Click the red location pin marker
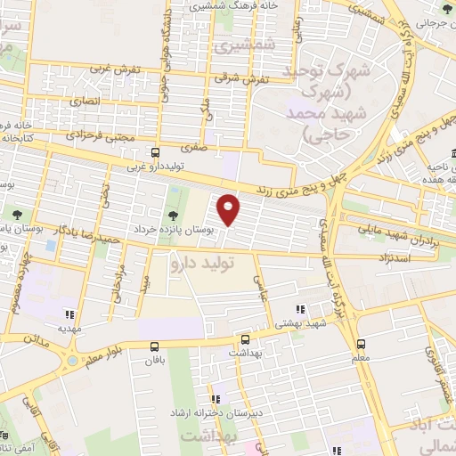coord(229,208)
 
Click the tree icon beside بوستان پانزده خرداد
coord(172,215)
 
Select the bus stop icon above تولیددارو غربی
coord(155,152)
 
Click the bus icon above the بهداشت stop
coord(245,339)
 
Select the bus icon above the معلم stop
coord(361,343)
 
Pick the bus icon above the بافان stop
coord(155,346)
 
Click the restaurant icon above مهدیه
coord(69,313)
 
